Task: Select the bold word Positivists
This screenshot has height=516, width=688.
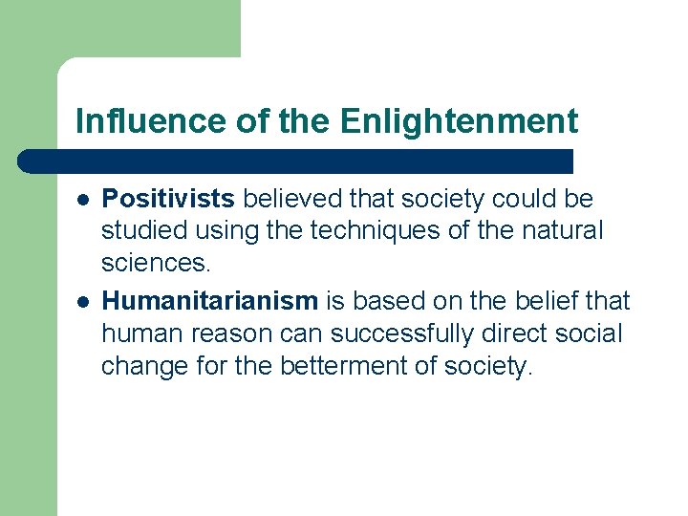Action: [x=168, y=199]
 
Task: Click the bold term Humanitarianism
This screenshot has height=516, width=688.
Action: [x=209, y=301]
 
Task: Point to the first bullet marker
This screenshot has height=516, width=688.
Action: [x=83, y=200]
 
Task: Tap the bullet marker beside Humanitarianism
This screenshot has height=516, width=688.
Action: [x=83, y=302]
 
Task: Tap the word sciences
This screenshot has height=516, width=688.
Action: [x=147, y=262]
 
